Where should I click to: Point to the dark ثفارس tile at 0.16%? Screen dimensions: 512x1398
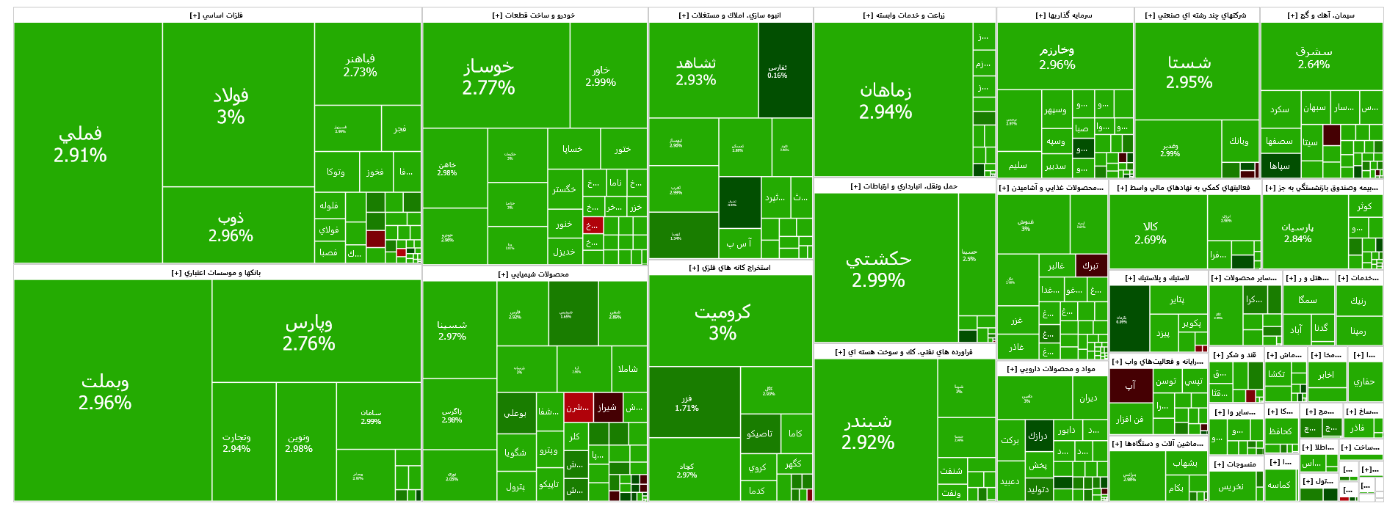point(785,70)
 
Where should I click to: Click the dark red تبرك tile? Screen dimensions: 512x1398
point(1090,266)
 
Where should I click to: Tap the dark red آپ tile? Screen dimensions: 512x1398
point(1130,385)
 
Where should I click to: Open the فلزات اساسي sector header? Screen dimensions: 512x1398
point(217,15)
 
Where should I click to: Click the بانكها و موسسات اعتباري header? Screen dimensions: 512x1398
point(217,273)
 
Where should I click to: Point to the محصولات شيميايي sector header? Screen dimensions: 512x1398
point(534,274)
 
